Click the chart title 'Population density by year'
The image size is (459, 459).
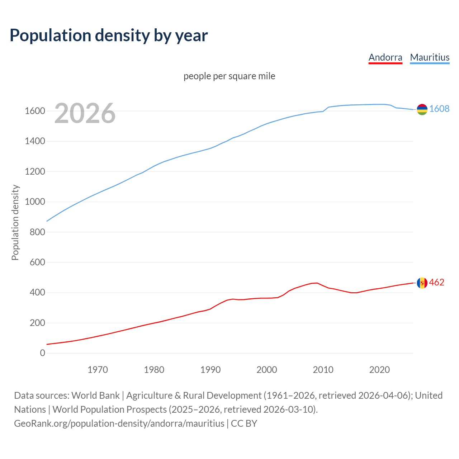click(x=109, y=36)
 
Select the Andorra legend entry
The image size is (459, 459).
click(x=385, y=57)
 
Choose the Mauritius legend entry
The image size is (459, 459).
click(x=430, y=57)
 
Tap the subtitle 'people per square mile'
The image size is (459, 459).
click(x=229, y=76)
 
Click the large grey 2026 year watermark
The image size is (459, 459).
click(x=85, y=113)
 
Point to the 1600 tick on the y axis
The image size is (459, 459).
click(x=35, y=111)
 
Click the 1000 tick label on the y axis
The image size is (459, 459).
click(x=35, y=202)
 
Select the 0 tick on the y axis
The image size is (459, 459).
click(x=43, y=353)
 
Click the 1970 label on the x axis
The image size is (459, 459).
click(x=98, y=370)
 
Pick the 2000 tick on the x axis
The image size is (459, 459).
click(x=267, y=370)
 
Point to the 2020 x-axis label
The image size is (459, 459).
click(x=379, y=370)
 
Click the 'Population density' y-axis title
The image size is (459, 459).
click(x=15, y=222)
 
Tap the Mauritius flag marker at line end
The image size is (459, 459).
click(x=422, y=109)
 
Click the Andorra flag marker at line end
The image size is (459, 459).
click(x=422, y=283)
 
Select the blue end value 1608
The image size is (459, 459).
click(x=439, y=109)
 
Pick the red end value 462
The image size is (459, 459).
click(x=436, y=283)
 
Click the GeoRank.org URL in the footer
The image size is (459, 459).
click(x=119, y=423)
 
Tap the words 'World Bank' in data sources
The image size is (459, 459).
click(x=95, y=396)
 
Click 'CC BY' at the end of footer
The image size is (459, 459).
click(x=244, y=423)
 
